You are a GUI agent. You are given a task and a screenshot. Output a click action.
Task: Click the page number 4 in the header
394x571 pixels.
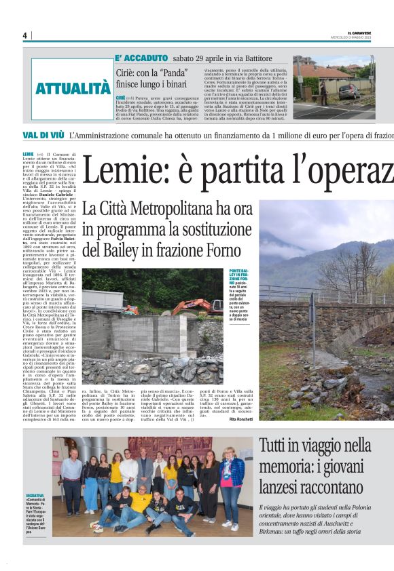click(x=24, y=35)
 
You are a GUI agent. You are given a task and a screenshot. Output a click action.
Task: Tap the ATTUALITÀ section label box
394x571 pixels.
click(x=73, y=88)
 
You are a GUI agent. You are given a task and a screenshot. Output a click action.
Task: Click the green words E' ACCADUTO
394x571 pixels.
click(x=141, y=58)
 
